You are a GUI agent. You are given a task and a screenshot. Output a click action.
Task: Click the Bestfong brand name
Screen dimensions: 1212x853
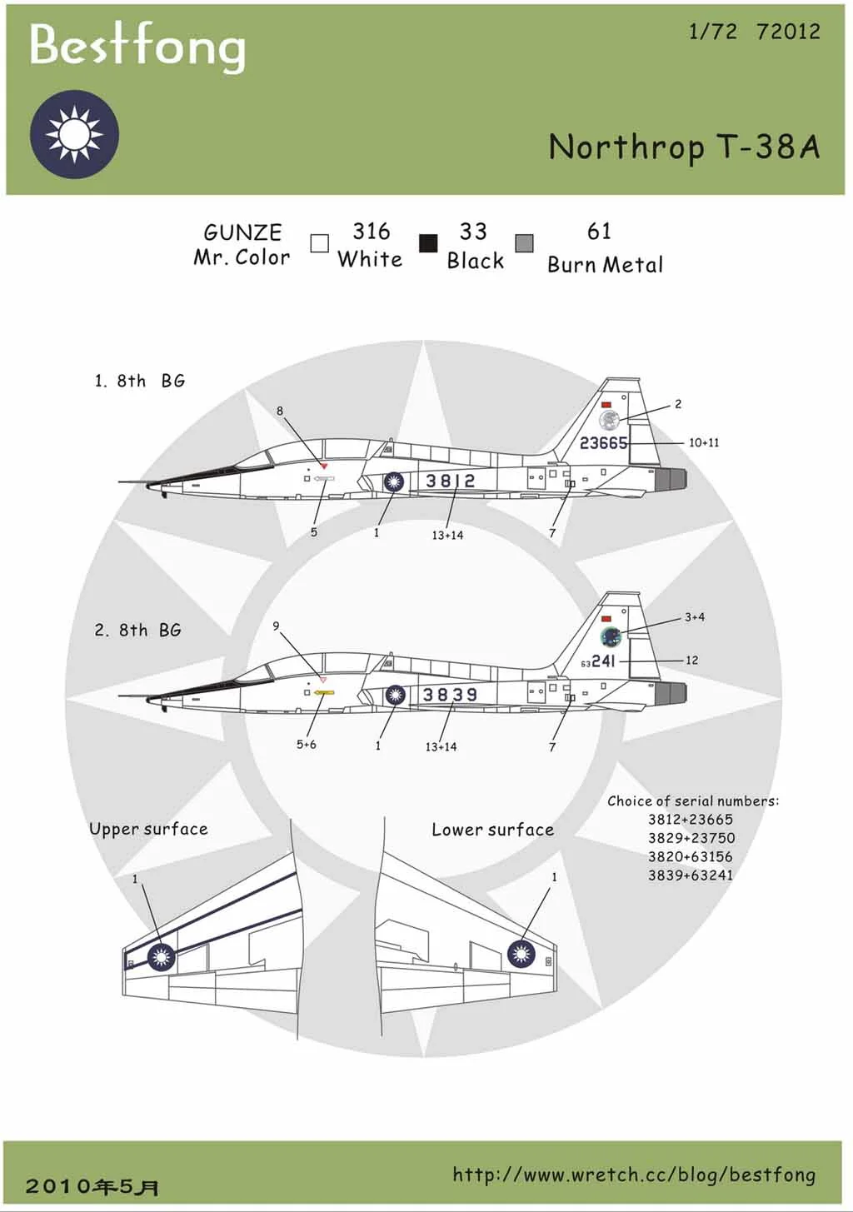coord(137,45)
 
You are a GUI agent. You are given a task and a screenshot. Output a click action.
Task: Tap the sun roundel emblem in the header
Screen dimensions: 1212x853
coord(74,134)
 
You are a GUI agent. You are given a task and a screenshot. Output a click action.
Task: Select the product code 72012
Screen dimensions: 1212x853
coord(788,32)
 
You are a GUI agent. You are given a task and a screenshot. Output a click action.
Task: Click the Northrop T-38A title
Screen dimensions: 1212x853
coord(684,147)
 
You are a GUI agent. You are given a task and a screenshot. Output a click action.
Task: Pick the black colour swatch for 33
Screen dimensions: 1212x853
coord(428,243)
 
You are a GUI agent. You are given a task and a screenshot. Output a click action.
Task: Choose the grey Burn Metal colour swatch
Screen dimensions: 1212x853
coord(524,243)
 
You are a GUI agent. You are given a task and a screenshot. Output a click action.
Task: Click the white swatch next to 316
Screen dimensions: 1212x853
coord(319,243)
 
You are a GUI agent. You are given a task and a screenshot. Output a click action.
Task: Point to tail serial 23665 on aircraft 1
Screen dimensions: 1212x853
coord(603,443)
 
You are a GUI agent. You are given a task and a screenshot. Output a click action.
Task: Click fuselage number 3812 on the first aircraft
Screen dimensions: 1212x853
coord(450,481)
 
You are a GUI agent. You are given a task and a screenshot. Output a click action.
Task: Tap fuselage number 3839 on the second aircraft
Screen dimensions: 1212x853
coord(450,695)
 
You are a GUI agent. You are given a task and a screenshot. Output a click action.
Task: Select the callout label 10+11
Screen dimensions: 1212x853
coord(704,442)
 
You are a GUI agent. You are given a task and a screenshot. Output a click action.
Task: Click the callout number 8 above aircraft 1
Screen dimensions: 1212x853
coord(280,411)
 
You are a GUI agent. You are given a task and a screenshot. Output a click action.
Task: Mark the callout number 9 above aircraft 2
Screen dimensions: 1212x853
coord(276,626)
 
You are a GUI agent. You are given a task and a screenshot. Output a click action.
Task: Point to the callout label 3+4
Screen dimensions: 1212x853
coord(695,617)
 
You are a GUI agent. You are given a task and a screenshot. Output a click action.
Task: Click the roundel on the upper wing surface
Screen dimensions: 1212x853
coord(161,957)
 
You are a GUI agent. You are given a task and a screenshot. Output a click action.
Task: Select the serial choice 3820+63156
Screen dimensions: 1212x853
coord(691,856)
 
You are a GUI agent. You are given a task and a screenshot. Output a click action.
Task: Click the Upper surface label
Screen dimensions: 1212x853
coord(148,829)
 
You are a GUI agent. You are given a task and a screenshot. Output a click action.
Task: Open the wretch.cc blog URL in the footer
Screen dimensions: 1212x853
coord(634,1175)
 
